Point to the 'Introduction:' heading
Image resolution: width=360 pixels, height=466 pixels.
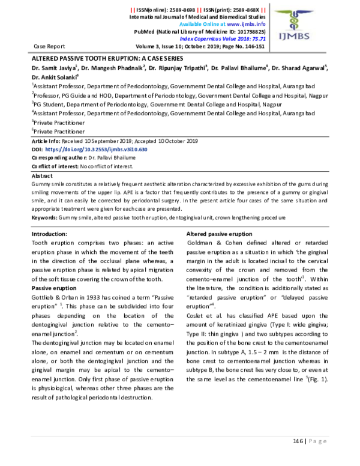coord(49,233)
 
